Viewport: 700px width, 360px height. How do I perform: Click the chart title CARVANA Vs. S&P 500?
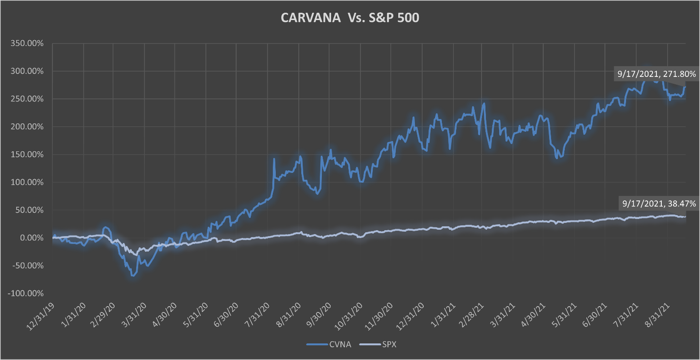click(349, 18)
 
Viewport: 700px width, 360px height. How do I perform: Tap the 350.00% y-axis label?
click(27, 44)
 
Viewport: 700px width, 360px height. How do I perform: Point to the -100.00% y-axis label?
click(26, 293)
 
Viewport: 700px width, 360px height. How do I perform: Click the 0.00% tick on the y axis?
click(30, 238)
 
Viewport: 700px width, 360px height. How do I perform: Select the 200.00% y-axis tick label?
click(27, 127)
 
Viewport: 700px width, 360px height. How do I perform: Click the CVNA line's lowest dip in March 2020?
click(133, 276)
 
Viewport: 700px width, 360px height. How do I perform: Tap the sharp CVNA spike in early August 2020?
click(274, 159)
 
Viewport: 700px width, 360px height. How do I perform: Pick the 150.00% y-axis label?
click(27, 155)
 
